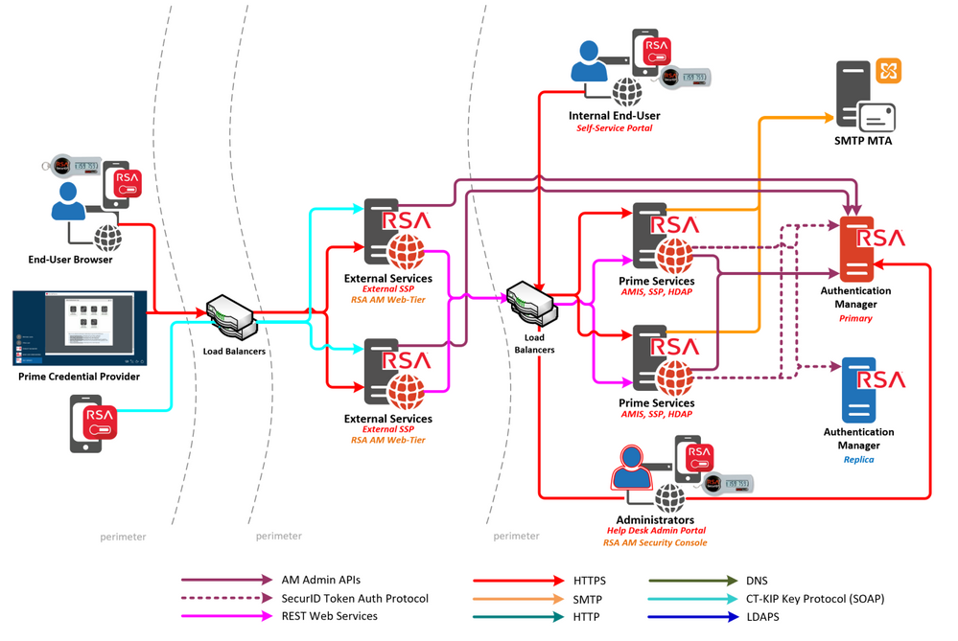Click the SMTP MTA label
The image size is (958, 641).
(x=863, y=141)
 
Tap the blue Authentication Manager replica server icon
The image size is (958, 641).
(x=859, y=390)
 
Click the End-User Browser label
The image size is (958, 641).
(x=70, y=260)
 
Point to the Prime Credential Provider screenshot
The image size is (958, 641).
(x=80, y=329)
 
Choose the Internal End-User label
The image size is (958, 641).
(x=614, y=116)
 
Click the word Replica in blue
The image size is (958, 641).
(x=858, y=460)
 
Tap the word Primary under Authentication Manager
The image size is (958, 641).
(x=855, y=318)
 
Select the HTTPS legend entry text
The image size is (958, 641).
(x=590, y=581)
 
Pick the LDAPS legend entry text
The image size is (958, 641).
(x=764, y=617)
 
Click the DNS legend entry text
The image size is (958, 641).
(x=757, y=581)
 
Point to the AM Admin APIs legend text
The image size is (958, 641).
(x=321, y=581)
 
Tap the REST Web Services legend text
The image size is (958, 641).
(x=329, y=616)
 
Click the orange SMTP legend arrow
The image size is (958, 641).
(x=519, y=599)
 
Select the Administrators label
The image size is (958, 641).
(x=656, y=520)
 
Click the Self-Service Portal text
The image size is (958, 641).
(x=614, y=128)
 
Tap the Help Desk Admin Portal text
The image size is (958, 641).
(x=656, y=531)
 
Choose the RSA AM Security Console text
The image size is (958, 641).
(x=656, y=543)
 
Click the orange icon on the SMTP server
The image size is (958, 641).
(x=889, y=71)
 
